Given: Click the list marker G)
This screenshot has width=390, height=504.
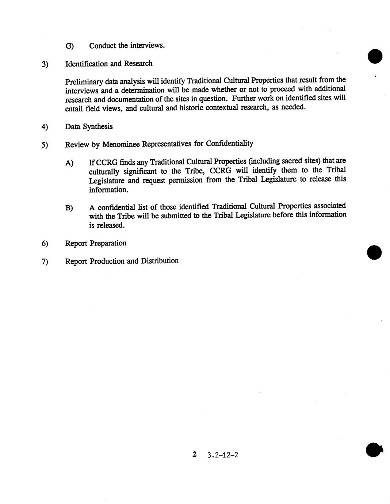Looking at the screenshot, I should pyautogui.click(x=69, y=46).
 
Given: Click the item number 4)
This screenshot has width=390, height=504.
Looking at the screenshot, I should pyautogui.click(x=45, y=127).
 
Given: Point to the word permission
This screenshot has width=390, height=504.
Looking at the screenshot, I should pyautogui.click(x=186, y=180).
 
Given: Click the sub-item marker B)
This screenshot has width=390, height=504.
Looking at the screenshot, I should pyautogui.click(x=69, y=208).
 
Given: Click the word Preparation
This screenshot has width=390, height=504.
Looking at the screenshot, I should pyautogui.click(x=108, y=243).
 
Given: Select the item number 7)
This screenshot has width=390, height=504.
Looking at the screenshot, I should pyautogui.click(x=45, y=262).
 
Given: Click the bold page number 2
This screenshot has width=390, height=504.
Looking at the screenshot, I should pyautogui.click(x=194, y=454).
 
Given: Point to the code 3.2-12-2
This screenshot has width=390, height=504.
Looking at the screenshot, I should pyautogui.click(x=222, y=455).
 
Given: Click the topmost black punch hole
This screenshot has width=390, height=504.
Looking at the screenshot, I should pyautogui.click(x=375, y=57).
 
